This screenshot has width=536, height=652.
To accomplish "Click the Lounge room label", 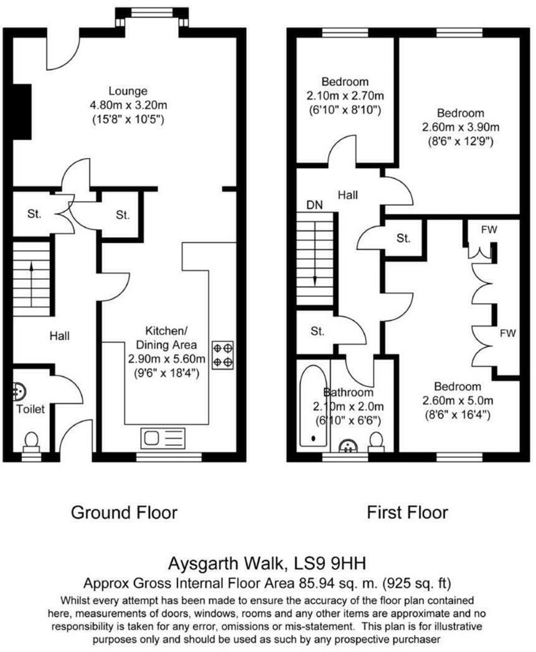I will pos(127,91).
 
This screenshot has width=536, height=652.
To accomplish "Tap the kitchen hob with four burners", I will pos(223,355).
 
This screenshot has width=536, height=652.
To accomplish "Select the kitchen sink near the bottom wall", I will pos(162,438).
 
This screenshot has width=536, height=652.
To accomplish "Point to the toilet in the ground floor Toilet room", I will pos(31,441).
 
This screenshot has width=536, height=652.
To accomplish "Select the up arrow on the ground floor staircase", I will pos(31,274).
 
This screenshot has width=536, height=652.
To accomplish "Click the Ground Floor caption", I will pos(124,513).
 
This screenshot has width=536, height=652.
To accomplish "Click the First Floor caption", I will pos(407,513).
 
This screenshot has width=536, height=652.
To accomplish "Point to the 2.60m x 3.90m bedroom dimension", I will pos(460,128).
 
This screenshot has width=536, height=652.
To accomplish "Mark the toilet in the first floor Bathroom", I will pos(375,441).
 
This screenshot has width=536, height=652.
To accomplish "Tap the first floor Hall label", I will pos(347,195).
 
